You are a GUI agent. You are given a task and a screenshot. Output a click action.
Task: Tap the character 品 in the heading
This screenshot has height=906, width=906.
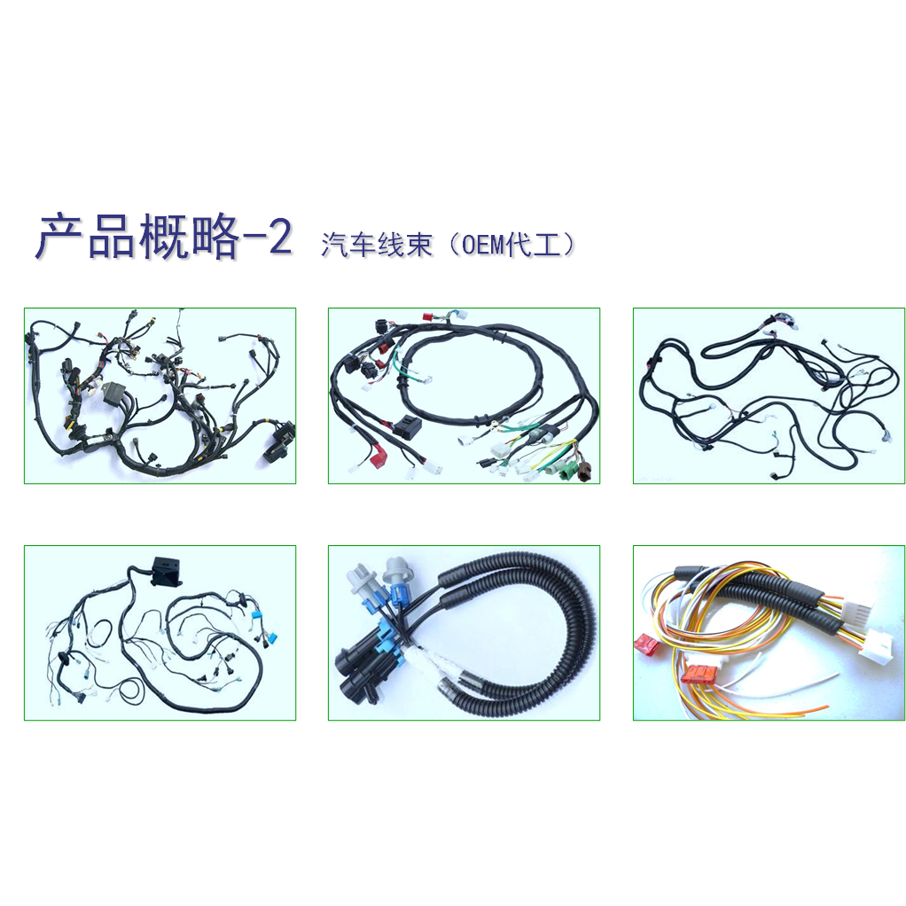click(x=112, y=236)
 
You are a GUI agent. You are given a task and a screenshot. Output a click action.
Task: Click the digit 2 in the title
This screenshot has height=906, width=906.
click(x=280, y=236)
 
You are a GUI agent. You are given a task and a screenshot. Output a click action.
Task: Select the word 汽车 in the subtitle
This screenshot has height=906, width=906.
click(x=348, y=244)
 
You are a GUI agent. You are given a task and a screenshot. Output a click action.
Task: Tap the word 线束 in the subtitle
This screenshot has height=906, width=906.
click(x=404, y=244)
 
